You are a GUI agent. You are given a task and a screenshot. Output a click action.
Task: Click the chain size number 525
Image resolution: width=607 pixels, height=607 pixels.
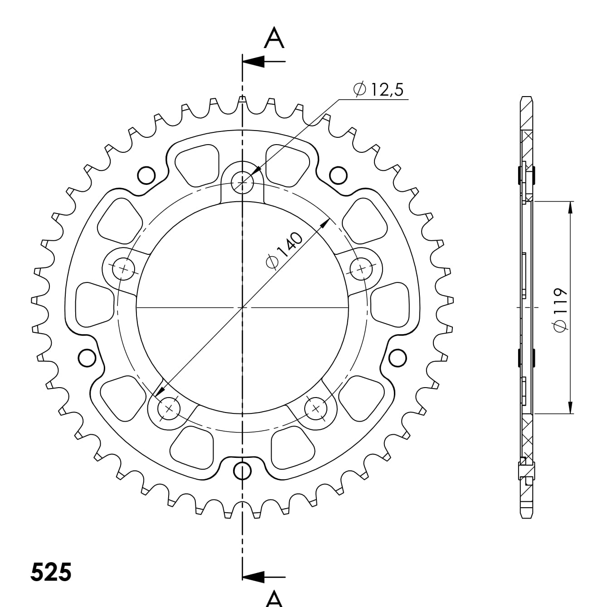coord(51,573)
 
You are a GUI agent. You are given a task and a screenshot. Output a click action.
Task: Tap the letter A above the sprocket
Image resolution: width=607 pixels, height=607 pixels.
coord(274,38)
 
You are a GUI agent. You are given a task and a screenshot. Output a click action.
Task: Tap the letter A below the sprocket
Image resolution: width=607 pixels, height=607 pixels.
coord(274,598)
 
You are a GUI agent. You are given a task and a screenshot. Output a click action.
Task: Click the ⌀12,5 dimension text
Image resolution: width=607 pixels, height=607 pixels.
coord(379,90)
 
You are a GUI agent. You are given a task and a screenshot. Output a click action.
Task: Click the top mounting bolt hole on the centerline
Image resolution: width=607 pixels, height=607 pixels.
coord(243,182)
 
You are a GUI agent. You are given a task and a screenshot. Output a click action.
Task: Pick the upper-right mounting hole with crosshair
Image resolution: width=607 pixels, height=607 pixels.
coord(361,270)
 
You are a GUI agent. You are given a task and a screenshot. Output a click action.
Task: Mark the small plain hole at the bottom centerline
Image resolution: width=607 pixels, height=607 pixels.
coord(243,471)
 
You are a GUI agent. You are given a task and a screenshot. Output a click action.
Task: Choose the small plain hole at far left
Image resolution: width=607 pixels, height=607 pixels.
coord(87,358)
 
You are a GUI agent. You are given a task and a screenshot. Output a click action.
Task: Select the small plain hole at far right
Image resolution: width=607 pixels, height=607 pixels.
coord(398,358)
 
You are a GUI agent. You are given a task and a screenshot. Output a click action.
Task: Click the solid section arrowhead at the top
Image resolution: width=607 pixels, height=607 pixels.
coord(254,61)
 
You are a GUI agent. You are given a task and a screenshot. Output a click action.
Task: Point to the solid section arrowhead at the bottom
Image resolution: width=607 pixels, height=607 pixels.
coord(254,577)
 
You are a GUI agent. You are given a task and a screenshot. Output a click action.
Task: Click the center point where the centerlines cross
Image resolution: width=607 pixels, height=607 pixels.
coord(243,307)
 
